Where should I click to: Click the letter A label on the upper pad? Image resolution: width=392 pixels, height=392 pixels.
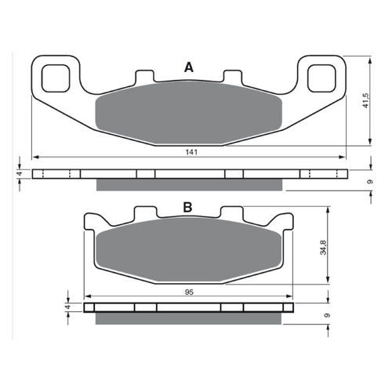click(188, 68)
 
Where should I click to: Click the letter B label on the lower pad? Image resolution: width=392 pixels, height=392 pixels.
click(187, 208)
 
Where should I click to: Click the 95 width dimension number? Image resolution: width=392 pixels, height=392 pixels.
click(188, 292)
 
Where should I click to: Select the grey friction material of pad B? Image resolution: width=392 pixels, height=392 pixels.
click(188, 251)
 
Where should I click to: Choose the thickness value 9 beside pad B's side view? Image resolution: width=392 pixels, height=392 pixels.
click(325, 315)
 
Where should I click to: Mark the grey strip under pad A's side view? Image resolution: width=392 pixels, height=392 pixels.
click(188, 184)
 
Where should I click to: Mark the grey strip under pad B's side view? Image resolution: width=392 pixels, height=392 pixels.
click(188, 318)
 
